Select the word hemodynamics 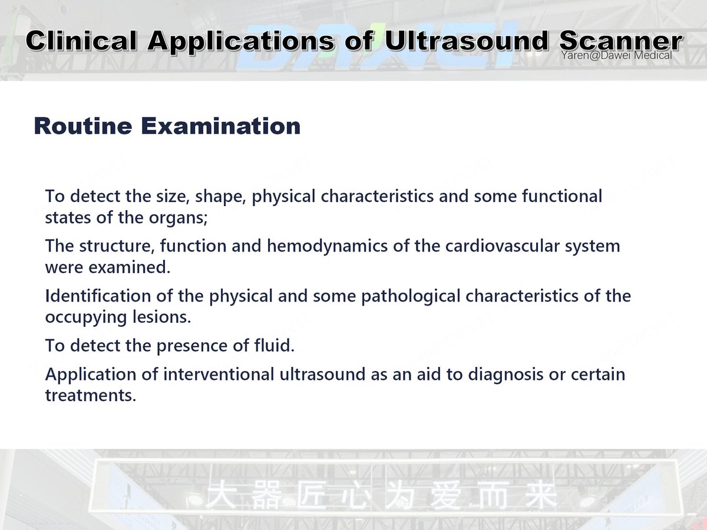pyautogui.click(x=327, y=246)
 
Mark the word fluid pyautogui.click(x=276, y=346)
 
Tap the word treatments pyautogui.click(x=90, y=396)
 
